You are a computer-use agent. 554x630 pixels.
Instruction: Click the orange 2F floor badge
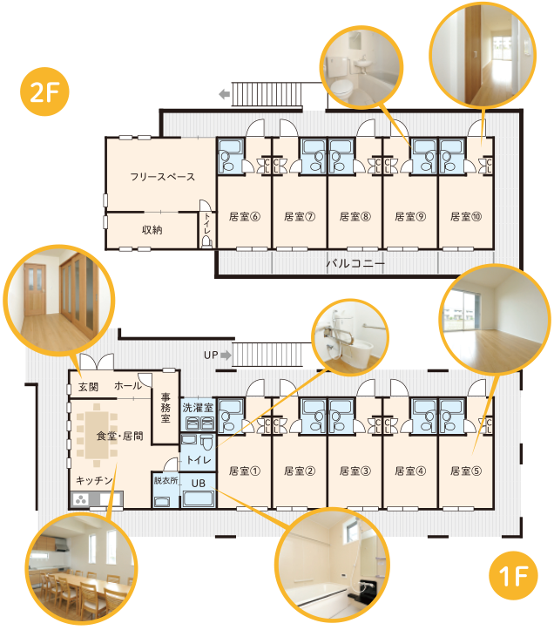pos(44,92)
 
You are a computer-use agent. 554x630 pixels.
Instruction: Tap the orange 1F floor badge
pos(513,575)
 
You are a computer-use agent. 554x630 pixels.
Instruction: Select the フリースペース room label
pos(162,177)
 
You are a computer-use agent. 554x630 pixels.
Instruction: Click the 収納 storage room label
pos(152,230)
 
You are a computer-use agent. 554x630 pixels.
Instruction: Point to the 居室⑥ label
pos(244,217)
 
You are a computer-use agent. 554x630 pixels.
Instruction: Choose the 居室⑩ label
pos(466,217)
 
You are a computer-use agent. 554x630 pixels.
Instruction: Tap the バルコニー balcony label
pos(355,263)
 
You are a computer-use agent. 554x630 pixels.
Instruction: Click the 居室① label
pos(244,471)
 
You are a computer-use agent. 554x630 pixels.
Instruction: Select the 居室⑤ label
pos(466,471)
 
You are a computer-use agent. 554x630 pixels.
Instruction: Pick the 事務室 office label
pos(166,408)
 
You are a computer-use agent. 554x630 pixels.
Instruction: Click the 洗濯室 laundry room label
pos(198,408)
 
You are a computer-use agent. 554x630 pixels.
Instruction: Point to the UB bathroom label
pos(199,483)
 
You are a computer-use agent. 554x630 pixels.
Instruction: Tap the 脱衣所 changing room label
pos(166,480)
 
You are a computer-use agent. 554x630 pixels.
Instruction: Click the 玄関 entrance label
pos(88,387)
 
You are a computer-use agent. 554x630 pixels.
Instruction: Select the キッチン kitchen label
pos(94,480)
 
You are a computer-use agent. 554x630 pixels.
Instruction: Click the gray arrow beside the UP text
pos(226,356)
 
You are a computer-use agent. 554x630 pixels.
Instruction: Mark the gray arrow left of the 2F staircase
pos(224,94)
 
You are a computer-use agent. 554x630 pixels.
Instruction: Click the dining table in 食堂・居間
pos(97,436)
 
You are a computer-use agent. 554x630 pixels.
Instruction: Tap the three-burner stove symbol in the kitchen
pos(81,500)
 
